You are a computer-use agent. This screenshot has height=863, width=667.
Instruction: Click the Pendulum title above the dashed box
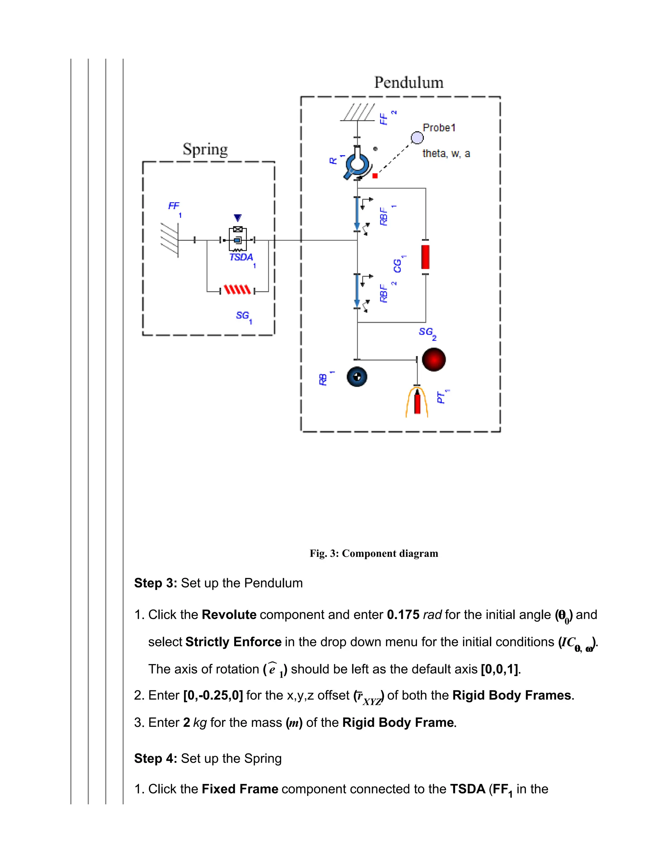tap(409, 83)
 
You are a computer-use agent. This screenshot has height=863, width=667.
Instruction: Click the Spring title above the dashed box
tap(205, 149)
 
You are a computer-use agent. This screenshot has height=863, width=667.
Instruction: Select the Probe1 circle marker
tap(417, 138)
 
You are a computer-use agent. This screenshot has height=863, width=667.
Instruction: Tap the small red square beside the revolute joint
tap(375, 176)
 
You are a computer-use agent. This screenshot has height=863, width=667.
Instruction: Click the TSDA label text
tap(241, 257)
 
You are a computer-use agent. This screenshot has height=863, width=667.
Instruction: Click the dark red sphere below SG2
tap(433, 360)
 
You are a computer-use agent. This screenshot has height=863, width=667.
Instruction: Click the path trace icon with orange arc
tap(417, 402)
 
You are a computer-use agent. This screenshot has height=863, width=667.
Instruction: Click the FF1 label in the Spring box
tap(174, 206)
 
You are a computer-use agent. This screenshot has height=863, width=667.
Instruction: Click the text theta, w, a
tap(446, 154)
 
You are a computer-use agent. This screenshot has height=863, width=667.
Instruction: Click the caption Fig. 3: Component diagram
tap(374, 553)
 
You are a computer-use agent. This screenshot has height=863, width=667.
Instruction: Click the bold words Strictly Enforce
tap(233, 642)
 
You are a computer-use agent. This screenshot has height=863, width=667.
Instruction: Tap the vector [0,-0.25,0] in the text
tap(213, 695)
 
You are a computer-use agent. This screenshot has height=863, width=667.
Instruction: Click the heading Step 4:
tap(156, 758)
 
